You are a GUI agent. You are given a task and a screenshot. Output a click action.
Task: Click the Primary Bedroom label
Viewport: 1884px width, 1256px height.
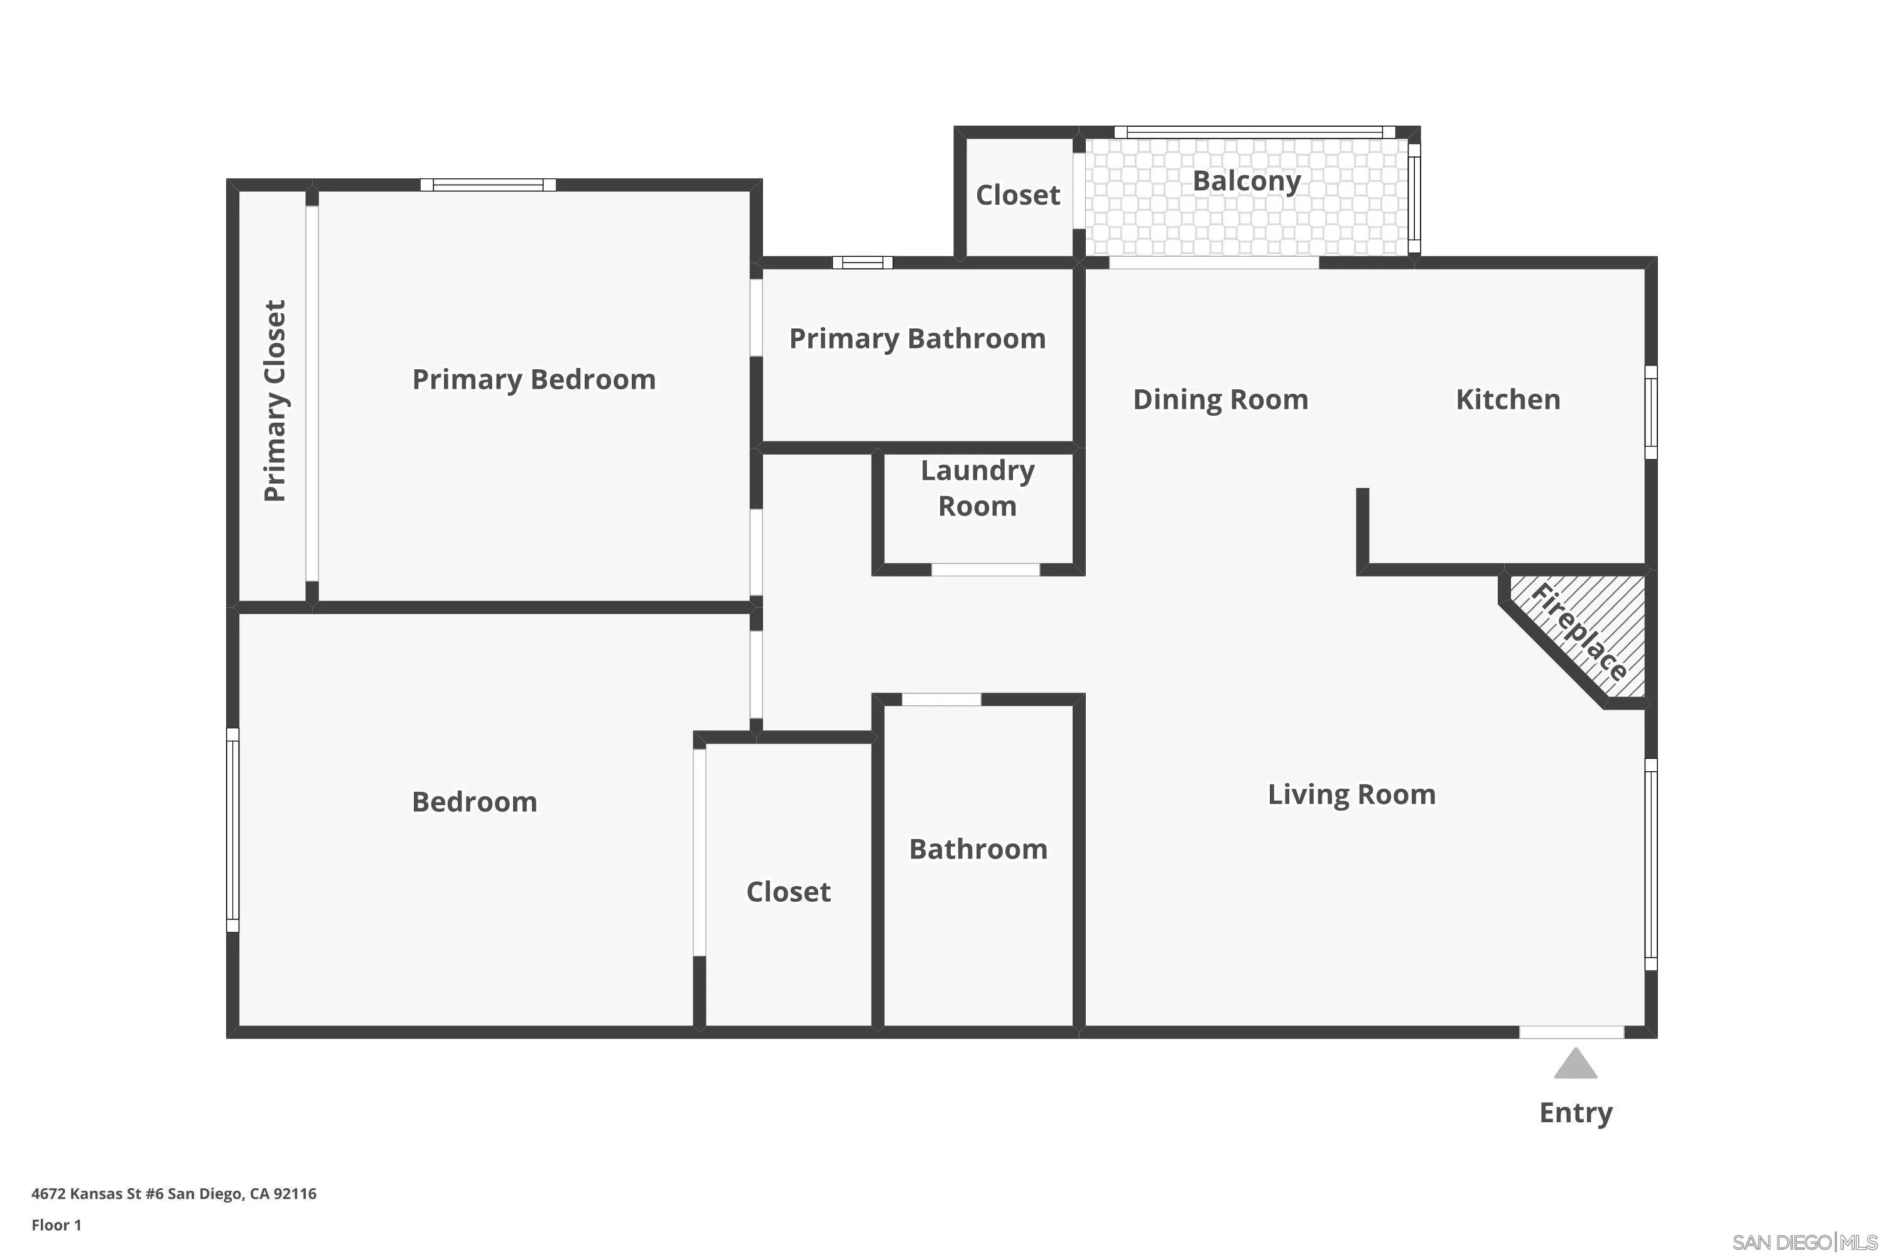click(533, 380)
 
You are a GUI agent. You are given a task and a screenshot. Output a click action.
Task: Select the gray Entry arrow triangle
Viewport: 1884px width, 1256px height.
click(1575, 1064)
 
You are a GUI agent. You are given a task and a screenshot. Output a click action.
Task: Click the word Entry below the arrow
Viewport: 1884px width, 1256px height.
click(1575, 1113)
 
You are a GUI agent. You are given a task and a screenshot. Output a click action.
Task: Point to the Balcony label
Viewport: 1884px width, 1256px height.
click(1247, 181)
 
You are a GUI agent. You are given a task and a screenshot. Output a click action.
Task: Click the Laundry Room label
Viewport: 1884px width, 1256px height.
click(977, 488)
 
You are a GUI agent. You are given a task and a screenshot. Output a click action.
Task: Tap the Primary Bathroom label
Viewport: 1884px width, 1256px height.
click(917, 339)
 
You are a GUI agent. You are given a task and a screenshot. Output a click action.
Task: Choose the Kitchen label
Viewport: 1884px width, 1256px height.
click(1508, 399)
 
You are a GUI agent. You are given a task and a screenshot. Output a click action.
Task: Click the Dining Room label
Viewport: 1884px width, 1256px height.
click(1220, 399)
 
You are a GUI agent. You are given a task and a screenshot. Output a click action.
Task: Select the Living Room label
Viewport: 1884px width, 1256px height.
click(1351, 794)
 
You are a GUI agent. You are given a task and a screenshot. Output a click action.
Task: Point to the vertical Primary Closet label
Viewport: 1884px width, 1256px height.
click(275, 401)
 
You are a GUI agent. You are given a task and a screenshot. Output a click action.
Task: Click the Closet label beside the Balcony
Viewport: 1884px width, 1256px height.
click(1017, 195)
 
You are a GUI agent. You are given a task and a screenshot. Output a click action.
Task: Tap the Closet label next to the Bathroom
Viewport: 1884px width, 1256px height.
click(788, 892)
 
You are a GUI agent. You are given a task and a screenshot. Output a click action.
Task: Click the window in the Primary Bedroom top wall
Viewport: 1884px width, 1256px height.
click(488, 185)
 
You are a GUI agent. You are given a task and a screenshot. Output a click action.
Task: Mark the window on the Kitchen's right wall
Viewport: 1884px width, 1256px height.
click(1650, 413)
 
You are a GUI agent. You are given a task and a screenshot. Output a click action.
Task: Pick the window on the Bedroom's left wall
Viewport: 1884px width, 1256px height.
click(232, 830)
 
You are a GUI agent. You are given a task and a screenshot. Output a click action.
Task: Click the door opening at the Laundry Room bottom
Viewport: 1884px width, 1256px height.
click(985, 570)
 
